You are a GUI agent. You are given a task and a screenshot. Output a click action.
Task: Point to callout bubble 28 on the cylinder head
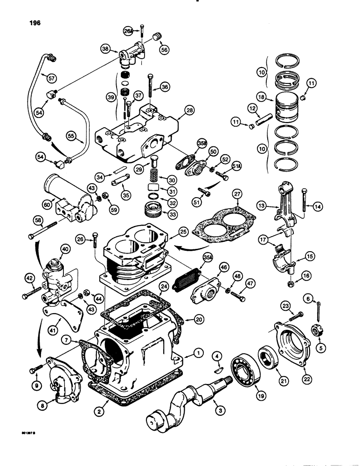click(188, 110)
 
